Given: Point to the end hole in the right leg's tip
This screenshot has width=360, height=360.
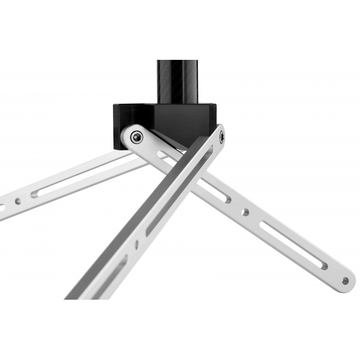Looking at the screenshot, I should [345, 281].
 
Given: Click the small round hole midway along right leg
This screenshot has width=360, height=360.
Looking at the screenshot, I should [245, 211].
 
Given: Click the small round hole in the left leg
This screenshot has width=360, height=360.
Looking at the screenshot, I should [18, 201].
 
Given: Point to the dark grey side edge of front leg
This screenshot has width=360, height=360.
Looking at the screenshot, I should [135, 211].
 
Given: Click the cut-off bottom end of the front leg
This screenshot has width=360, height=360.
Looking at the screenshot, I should [79, 297].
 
